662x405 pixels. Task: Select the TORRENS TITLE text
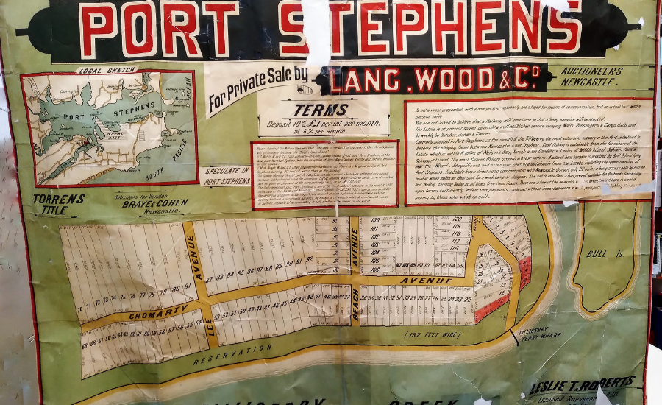click(x=59, y=204)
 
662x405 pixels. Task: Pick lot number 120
click(x=457, y=219)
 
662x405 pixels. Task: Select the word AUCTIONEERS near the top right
click(x=589, y=71)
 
